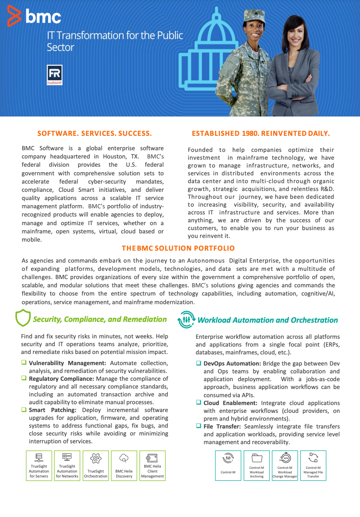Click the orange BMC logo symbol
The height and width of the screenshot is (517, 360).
point(14,16)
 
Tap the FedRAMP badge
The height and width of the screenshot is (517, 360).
point(55,75)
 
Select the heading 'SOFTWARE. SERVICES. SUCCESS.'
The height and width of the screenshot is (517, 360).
point(94,133)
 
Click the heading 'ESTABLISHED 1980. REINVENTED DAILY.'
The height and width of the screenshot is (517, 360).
point(261,133)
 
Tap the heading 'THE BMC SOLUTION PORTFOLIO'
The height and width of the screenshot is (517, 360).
point(178,248)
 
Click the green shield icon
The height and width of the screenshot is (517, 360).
point(23,318)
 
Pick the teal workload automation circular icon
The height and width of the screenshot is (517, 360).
point(186,319)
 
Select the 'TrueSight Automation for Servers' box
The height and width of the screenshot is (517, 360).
point(39,466)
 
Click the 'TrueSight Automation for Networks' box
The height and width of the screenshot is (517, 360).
point(67,466)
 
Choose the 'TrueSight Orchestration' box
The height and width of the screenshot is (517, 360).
point(96,466)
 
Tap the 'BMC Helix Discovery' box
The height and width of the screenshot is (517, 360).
point(124,466)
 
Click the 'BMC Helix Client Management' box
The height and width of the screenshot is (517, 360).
point(152,466)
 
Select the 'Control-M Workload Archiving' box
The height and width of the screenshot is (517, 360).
point(257,466)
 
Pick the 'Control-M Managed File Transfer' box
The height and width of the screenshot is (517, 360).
point(313,466)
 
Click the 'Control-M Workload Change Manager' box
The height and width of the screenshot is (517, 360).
point(285,466)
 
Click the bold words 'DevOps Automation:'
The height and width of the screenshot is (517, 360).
point(232,363)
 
